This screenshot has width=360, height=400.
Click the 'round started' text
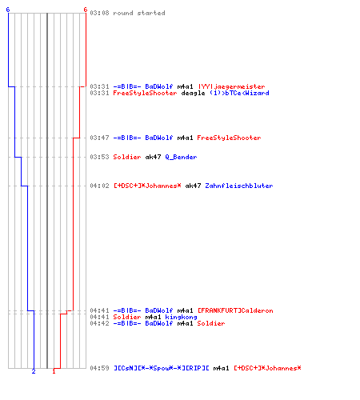click(x=139, y=13)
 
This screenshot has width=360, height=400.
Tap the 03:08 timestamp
click(x=99, y=13)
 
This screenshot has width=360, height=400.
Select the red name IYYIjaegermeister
click(x=231, y=86)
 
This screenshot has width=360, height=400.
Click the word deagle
click(x=193, y=93)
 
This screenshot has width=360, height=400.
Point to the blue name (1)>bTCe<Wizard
click(x=239, y=93)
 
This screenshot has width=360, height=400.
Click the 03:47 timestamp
click(x=99, y=138)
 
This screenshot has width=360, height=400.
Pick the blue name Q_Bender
click(x=181, y=157)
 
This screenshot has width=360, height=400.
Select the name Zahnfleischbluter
click(x=239, y=186)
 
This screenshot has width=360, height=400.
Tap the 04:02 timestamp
click(x=99, y=186)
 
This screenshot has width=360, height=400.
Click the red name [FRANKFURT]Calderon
click(x=235, y=310)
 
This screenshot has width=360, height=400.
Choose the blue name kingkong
click(x=181, y=317)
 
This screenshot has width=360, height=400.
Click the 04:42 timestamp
click(x=99, y=323)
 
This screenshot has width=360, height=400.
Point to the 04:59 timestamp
click(x=99, y=368)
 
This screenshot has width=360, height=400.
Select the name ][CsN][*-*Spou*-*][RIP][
click(x=162, y=368)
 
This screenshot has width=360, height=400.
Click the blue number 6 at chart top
click(x=8, y=10)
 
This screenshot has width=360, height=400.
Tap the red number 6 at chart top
click(x=86, y=10)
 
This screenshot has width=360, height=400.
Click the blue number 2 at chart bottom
click(x=34, y=371)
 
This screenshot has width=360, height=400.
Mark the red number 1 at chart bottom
click(x=54, y=371)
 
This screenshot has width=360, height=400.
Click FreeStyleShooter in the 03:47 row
click(x=229, y=138)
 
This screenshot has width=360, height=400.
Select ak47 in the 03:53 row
click(x=153, y=157)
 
